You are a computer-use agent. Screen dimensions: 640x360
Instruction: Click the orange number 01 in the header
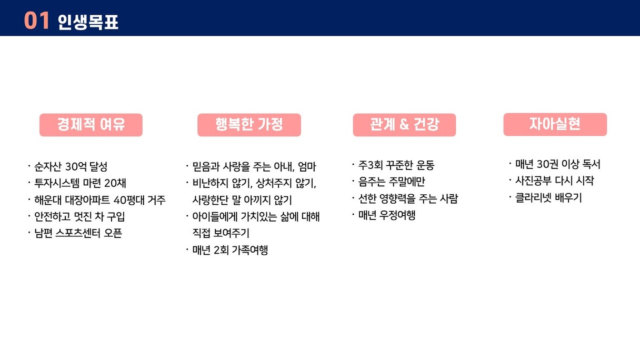point(36,21)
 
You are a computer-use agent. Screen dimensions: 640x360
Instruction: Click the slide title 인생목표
point(88,22)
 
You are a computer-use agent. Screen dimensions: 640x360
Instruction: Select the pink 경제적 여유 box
point(91,125)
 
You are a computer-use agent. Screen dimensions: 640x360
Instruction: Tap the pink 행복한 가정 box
point(249,125)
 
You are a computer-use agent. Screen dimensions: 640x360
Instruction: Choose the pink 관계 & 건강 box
point(404,125)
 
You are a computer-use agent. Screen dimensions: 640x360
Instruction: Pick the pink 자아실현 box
point(555,124)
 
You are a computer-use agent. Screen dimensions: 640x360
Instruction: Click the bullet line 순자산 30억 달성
point(71,166)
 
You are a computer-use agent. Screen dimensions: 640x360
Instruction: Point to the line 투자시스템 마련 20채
point(80,183)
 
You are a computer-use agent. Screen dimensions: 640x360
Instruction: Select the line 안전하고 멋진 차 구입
point(79,216)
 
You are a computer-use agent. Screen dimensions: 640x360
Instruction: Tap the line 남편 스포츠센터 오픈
point(78,233)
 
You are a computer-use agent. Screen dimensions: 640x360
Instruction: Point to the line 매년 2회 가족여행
point(230,250)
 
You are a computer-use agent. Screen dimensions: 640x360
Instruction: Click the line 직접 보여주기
point(221,233)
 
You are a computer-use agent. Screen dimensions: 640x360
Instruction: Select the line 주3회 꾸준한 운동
point(396,165)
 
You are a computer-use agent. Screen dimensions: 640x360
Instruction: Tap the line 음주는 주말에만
point(392,182)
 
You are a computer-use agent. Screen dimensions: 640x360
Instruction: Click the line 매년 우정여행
point(386,215)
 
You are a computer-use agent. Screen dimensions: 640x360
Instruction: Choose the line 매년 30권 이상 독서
point(558,164)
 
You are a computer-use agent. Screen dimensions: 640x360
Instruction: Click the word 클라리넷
point(533,197)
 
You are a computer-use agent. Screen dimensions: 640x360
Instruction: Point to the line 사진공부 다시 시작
point(555,181)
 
